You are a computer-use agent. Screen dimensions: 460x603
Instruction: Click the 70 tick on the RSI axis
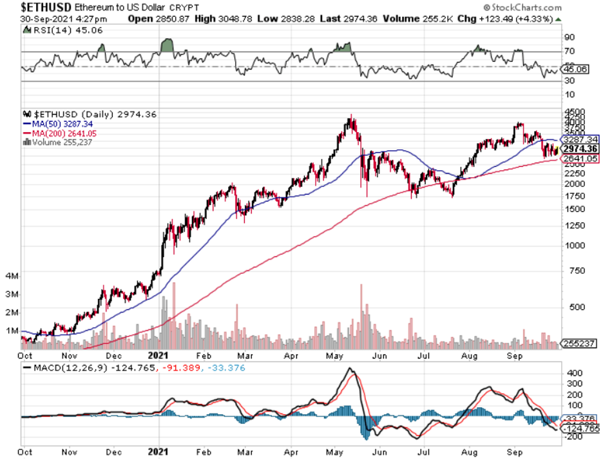click(571, 52)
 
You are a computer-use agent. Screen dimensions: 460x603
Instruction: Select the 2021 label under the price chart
click(159, 354)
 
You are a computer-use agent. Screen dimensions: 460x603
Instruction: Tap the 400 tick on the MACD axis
click(572, 373)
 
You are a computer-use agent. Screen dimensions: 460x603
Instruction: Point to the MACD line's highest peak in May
click(350, 369)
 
